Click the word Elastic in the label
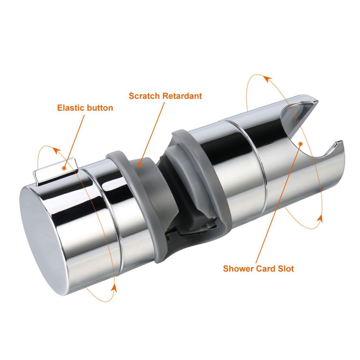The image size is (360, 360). [70, 108]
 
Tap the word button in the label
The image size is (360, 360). [99, 108]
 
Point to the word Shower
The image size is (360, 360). [238, 268]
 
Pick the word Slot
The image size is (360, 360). [286, 268]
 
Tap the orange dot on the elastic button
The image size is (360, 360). [64, 168]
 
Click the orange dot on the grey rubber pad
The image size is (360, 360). [139, 164]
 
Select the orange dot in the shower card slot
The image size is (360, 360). [300, 144]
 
